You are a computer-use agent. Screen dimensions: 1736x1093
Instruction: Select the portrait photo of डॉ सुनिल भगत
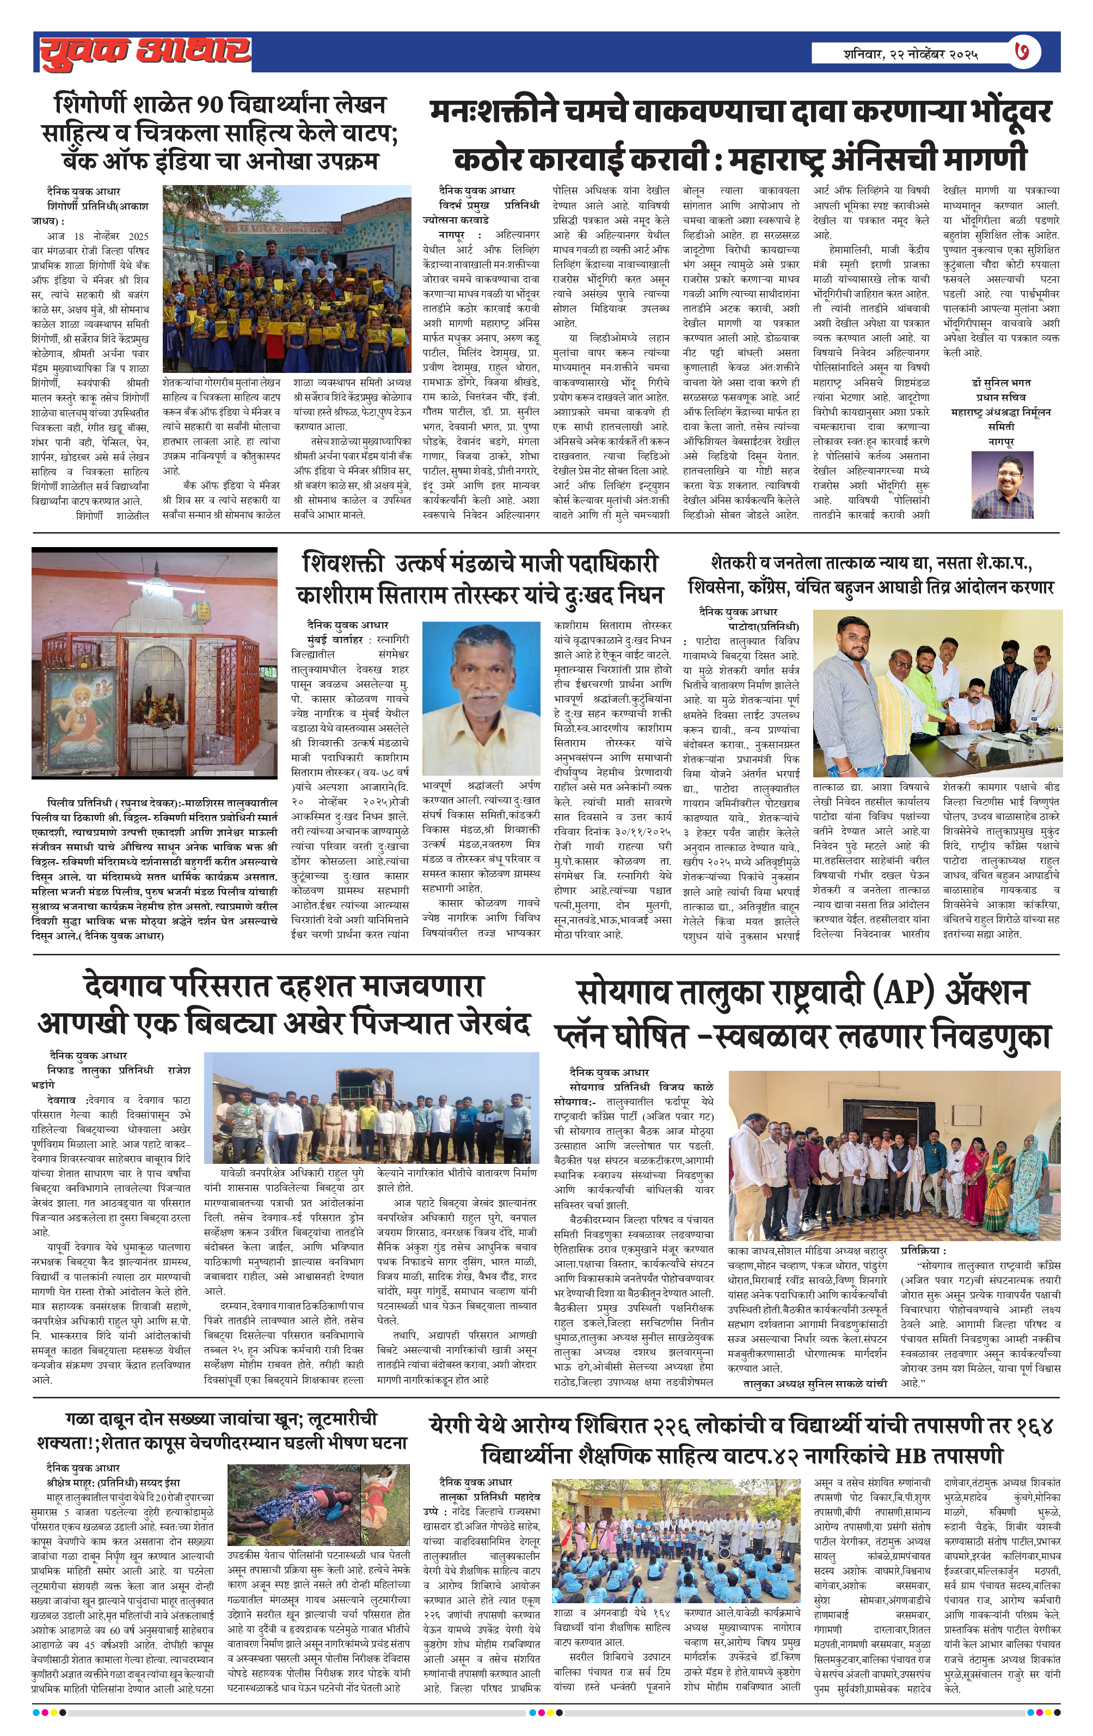[x=1002, y=484]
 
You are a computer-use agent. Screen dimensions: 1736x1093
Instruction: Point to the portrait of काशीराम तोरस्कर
[x=481, y=698]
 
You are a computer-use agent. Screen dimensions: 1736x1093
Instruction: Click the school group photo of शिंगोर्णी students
[x=287, y=278]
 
